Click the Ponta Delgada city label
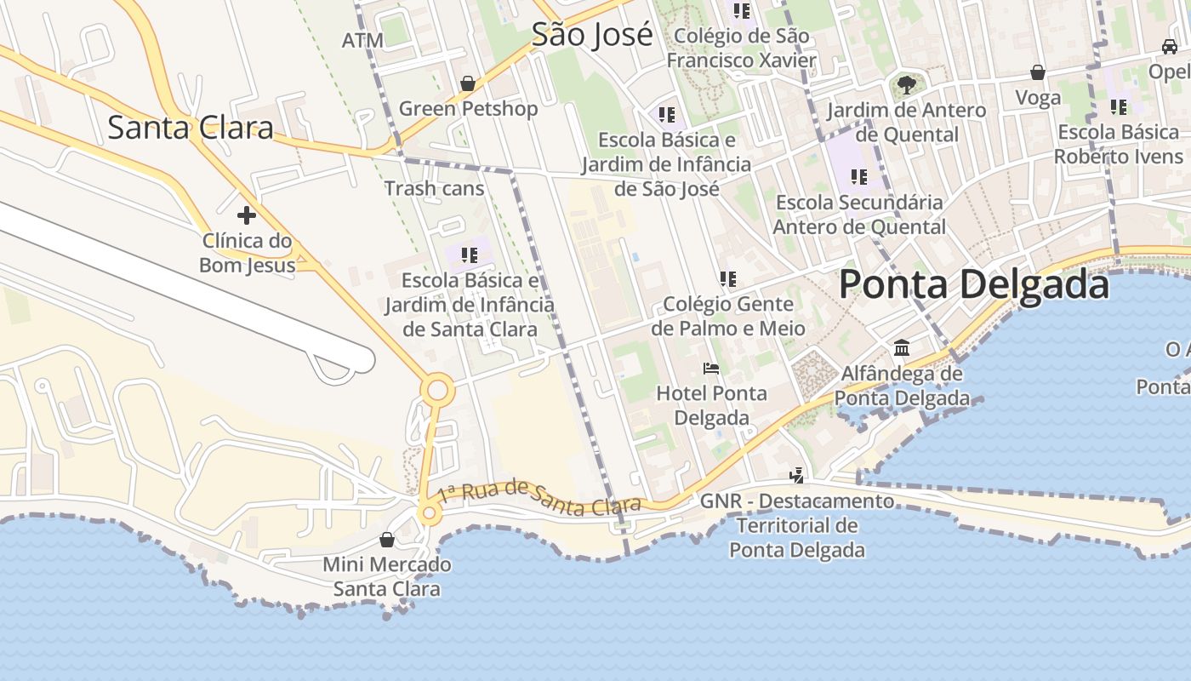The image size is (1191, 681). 974,284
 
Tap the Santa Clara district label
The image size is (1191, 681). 191,128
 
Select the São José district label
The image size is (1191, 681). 592,35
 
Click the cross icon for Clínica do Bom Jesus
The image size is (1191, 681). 247,215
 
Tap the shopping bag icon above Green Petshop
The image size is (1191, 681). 467,83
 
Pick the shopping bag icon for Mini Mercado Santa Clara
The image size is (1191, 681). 387,540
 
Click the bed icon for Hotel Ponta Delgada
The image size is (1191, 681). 711,369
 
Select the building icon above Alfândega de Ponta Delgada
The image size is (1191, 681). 902,348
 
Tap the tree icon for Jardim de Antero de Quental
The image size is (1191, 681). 907,84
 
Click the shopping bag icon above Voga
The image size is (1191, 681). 1038,72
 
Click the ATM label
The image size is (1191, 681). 362,40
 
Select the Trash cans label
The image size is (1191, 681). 434,188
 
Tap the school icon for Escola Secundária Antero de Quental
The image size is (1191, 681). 859,177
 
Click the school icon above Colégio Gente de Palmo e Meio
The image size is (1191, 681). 727,278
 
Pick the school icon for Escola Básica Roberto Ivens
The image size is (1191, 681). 1119,107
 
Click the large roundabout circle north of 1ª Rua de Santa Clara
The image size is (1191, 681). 437,391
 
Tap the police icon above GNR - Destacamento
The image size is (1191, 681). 797,475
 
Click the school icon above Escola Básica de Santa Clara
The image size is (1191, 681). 469,255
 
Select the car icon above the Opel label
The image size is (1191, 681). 1171,46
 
